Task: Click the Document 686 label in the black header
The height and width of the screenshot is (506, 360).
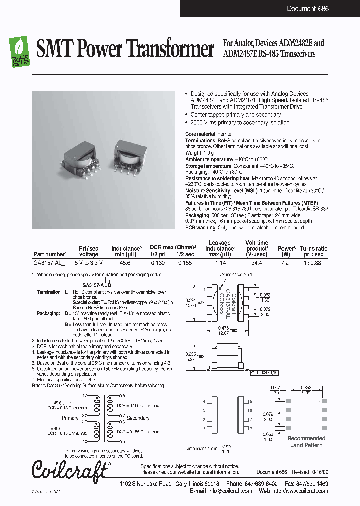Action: coord(308,9)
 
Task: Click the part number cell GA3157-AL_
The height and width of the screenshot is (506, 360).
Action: coord(49,262)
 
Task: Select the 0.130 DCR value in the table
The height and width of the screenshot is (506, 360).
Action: coord(158,262)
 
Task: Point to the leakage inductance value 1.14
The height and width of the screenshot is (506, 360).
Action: coord(220,262)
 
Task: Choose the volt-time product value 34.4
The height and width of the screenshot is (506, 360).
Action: coord(257,262)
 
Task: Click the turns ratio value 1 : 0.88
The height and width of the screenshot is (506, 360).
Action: coord(314,262)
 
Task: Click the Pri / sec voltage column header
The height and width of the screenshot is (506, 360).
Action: coord(89,251)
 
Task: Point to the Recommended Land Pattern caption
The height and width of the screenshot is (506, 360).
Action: coord(306,441)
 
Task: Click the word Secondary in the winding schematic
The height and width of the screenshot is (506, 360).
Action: coord(138,418)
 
